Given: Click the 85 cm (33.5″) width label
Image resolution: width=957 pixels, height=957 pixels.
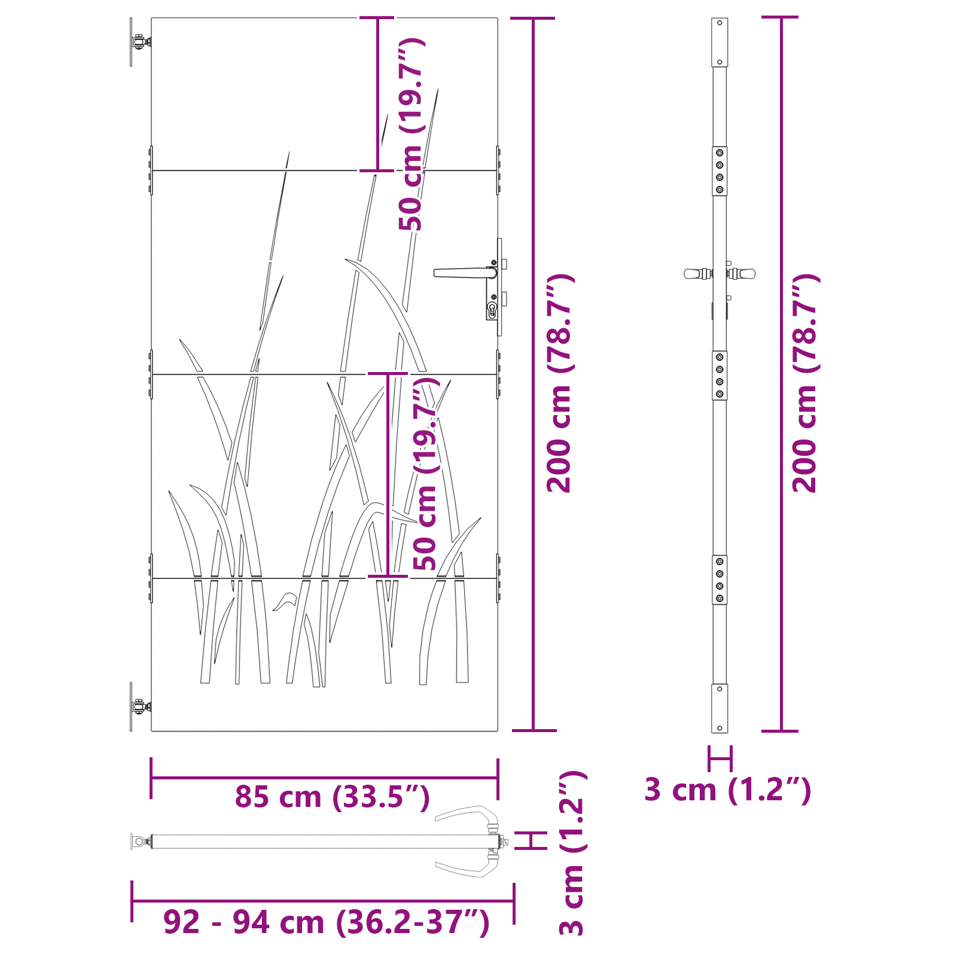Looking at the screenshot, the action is [x=332, y=797].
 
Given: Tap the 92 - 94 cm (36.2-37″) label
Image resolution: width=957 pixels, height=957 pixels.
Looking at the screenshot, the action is [x=327, y=922].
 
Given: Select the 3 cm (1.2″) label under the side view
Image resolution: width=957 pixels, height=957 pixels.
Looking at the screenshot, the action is [x=728, y=790].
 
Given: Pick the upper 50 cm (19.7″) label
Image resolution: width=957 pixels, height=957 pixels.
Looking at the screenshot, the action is [x=412, y=134].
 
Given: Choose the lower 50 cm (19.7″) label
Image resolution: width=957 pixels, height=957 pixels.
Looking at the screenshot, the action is [x=426, y=474].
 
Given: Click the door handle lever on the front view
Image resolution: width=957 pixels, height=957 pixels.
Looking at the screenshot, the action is [x=465, y=273].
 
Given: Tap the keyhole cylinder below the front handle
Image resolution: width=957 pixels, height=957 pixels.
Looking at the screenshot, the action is [x=492, y=309].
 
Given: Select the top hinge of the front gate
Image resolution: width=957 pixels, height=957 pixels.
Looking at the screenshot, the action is [x=140, y=42].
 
